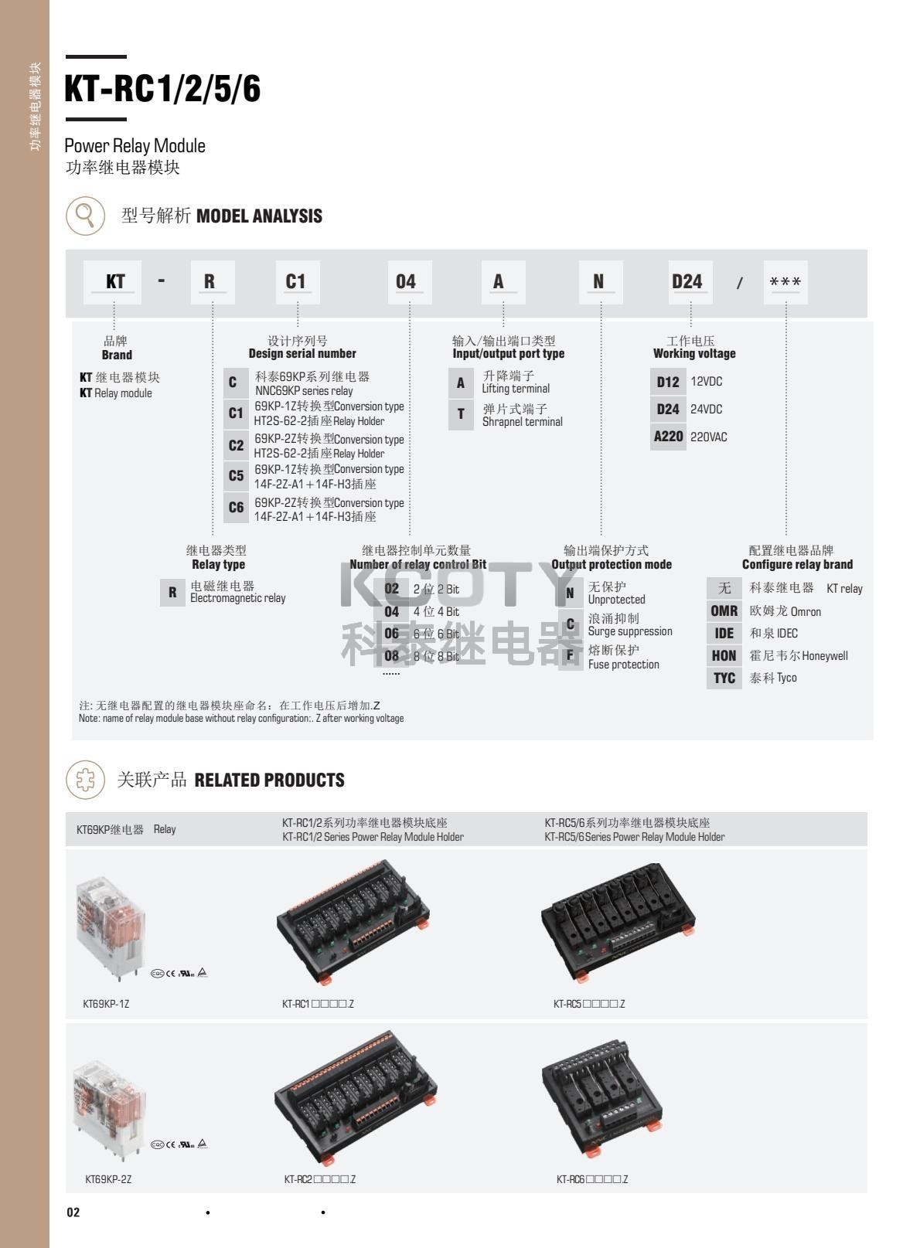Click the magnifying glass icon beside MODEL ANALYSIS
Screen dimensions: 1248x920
pos(85,216)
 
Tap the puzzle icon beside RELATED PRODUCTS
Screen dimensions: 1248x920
pos(85,780)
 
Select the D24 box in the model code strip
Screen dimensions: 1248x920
pos(687,282)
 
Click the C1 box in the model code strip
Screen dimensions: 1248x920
pos(296,282)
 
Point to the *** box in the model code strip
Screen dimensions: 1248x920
pos(785,283)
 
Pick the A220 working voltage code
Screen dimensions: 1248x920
pos(668,437)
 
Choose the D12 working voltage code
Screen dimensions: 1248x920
pos(668,382)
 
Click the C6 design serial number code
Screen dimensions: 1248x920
pos(236,508)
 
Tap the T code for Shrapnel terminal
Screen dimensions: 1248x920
pos(461,414)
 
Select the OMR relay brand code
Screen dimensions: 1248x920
pos(724,611)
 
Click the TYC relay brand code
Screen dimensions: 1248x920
pos(724,678)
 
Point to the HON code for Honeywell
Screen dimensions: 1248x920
pos(724,656)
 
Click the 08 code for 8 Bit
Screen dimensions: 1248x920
pos(392,656)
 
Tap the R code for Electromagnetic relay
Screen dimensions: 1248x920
pos(172,593)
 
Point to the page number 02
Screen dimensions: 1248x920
pos(73,1212)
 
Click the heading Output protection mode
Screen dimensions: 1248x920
pos(612,564)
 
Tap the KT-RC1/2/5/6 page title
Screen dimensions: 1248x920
pos(162,89)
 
